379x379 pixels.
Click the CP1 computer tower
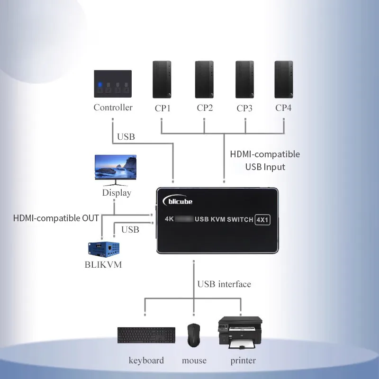pyautogui.click(x=162, y=80)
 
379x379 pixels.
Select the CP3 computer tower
pyautogui.click(x=244, y=80)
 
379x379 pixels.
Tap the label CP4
pyautogui.click(x=283, y=108)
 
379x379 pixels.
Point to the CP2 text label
pyautogui.click(x=205, y=108)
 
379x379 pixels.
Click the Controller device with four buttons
pyautogui.click(x=113, y=84)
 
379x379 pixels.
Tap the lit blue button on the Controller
pyautogui.click(x=100, y=85)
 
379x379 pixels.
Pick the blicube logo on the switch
pyautogui.click(x=178, y=201)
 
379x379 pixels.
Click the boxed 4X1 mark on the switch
pyautogui.click(x=262, y=220)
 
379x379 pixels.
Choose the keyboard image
pyautogui.click(x=146, y=335)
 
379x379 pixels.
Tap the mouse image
pyautogui.click(x=194, y=335)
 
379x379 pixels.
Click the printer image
pyautogui.click(x=240, y=333)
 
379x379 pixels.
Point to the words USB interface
pyautogui.click(x=224, y=284)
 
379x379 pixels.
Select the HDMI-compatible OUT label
pyautogui.click(x=56, y=218)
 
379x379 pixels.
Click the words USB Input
pyautogui.click(x=265, y=167)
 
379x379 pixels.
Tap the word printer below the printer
pyautogui.click(x=243, y=361)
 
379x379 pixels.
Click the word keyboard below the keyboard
pyautogui.click(x=146, y=361)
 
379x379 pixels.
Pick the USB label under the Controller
pyautogui.click(x=126, y=137)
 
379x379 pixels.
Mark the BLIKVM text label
pyautogui.click(x=103, y=265)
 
